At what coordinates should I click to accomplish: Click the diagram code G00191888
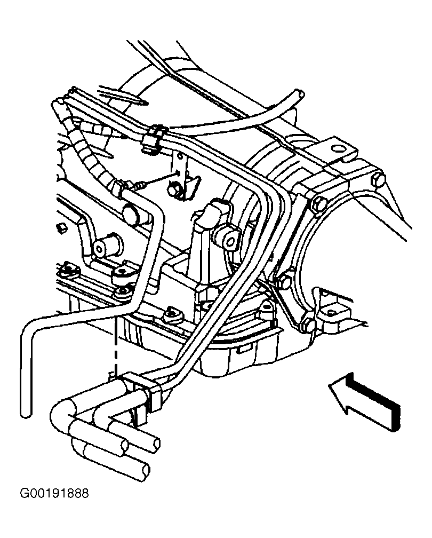tap(54, 493)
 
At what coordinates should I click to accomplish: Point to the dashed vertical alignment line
tap(116, 346)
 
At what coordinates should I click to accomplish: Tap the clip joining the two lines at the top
tap(153, 137)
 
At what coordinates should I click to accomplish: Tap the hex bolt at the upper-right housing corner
tap(378, 180)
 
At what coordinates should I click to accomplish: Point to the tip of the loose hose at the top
tap(300, 93)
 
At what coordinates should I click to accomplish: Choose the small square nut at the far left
tap(61, 227)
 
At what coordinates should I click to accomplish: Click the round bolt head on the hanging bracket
tap(173, 190)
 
